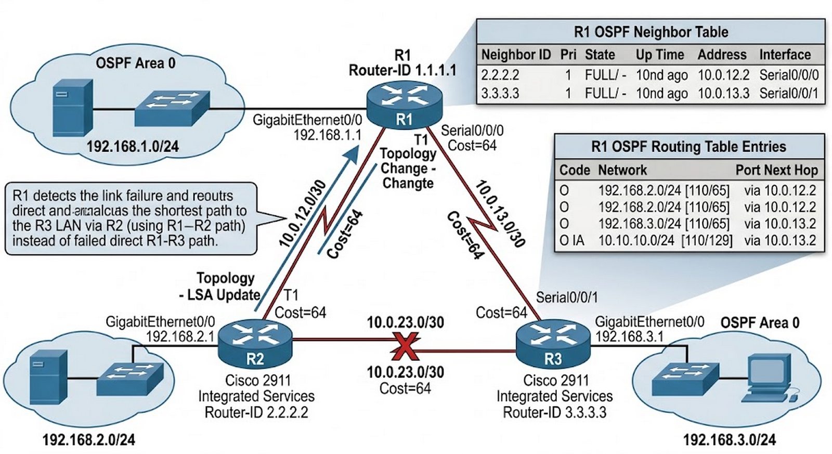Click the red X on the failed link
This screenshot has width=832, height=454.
[x=405, y=347]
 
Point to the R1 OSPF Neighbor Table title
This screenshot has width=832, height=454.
[x=651, y=32]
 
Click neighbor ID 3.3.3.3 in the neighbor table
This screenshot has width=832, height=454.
[x=500, y=94]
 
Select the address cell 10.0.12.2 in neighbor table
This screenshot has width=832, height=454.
[x=723, y=75]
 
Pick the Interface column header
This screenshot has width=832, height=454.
[x=785, y=55]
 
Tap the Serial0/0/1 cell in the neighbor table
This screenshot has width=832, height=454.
[x=788, y=94]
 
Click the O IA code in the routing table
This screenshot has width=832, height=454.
[x=571, y=241]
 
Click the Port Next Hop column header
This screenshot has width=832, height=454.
[x=776, y=170]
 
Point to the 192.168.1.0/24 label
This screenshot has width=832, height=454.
[x=133, y=147]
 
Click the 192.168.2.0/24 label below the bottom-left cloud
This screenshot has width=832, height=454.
[x=88, y=440]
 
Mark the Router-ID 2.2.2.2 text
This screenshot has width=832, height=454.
[x=256, y=413]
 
